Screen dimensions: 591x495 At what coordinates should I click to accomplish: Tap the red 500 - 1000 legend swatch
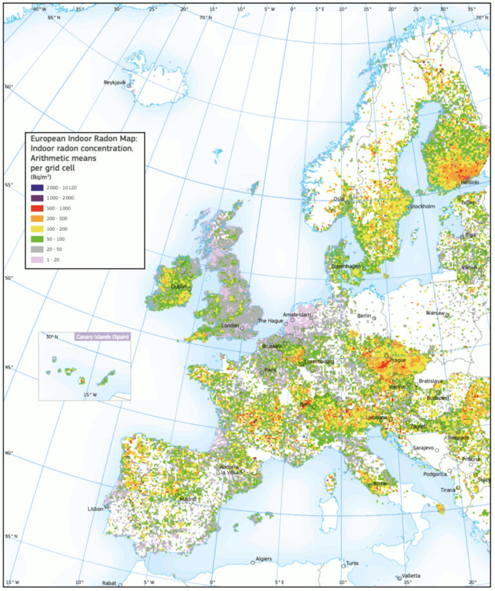coord(36,208)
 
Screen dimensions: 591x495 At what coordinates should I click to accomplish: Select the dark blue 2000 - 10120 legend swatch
coord(36,186)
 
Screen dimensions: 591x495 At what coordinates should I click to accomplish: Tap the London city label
coord(230,325)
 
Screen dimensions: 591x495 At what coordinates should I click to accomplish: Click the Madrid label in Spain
coord(188,499)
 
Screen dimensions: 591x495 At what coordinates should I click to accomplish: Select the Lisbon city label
coord(95,509)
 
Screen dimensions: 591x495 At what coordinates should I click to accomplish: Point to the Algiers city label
coord(264,559)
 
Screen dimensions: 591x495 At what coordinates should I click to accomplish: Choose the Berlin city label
coord(365,316)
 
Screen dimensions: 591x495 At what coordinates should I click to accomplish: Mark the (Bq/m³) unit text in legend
coord(40,175)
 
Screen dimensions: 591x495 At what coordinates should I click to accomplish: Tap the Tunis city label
coord(351,563)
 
